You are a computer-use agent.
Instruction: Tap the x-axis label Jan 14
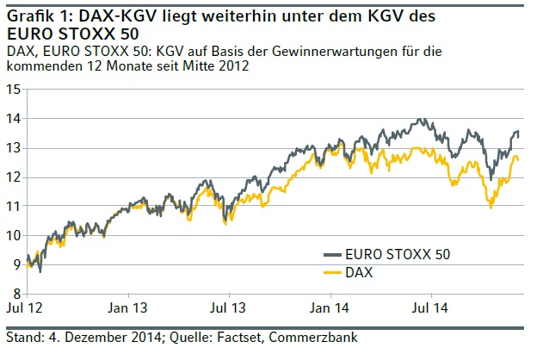click(x=333, y=307)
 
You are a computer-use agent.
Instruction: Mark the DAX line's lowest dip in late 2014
click(x=491, y=208)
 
